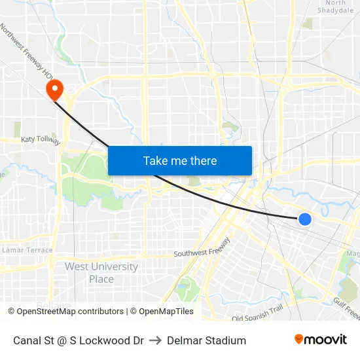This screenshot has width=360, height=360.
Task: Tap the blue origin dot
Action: (x=304, y=219)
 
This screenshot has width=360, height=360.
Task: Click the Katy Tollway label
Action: (x=41, y=140)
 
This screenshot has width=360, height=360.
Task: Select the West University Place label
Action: (x=101, y=273)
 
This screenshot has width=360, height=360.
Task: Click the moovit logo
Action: (x=321, y=340)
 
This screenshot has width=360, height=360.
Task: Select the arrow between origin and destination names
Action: (x=155, y=340)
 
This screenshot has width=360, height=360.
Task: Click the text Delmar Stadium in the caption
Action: (x=206, y=340)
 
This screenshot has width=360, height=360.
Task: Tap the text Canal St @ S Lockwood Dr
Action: (x=79, y=340)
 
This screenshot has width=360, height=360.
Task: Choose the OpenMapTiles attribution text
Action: (x=162, y=312)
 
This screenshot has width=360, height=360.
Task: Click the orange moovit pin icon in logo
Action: (x=299, y=339)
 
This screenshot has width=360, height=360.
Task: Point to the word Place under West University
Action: (x=101, y=279)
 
